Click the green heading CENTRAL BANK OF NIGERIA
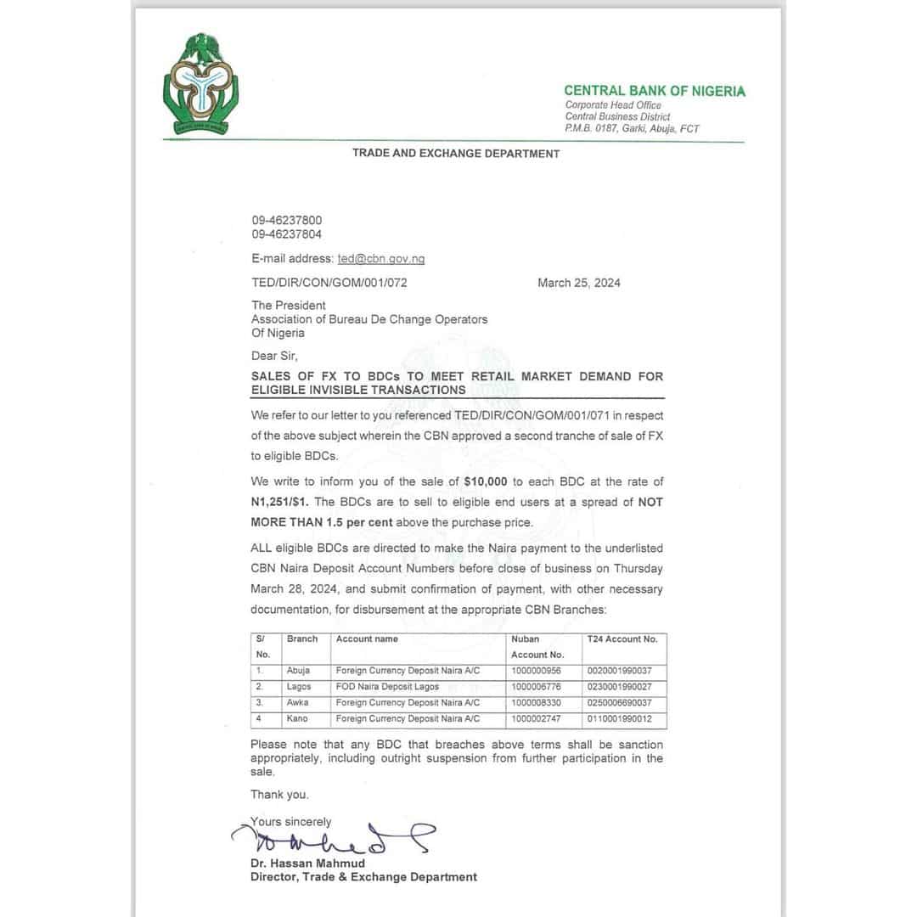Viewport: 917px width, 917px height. click(x=655, y=91)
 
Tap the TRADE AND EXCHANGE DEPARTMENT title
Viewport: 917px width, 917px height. click(x=456, y=154)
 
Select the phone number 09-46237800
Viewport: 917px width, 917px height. click(x=286, y=220)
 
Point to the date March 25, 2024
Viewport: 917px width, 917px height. click(x=578, y=283)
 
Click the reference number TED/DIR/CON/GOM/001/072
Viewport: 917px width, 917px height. click(x=329, y=283)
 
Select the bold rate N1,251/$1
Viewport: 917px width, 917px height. click(x=286, y=502)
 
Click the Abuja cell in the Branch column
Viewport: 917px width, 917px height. click(x=298, y=671)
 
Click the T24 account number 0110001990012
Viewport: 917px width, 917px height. click(x=619, y=719)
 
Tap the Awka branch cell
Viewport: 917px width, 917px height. click(x=298, y=703)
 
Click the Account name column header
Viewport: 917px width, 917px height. click(x=367, y=639)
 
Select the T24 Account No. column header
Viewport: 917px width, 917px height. click(x=622, y=639)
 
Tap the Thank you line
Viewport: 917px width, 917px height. click(x=279, y=795)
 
